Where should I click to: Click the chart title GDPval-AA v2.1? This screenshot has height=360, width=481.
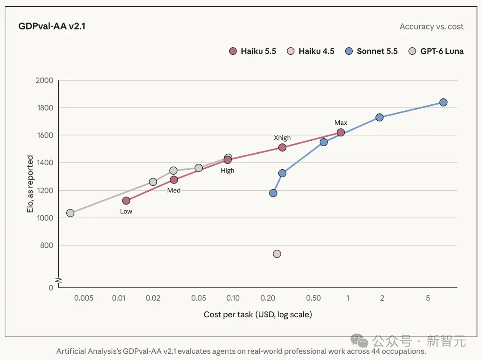click(x=52, y=26)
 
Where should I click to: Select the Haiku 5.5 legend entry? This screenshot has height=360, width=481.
click(x=253, y=51)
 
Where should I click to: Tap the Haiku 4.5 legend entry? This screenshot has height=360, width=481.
click(x=310, y=51)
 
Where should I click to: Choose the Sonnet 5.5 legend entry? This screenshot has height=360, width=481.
click(x=371, y=51)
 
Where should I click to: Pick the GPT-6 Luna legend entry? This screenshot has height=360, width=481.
click(x=436, y=51)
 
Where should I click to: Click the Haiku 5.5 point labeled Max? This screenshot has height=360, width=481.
click(x=341, y=133)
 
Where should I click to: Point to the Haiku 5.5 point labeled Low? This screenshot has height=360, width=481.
click(x=126, y=200)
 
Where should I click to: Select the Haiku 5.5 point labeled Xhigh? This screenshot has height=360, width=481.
click(x=282, y=147)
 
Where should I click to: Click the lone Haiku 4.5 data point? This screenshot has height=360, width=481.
click(x=277, y=254)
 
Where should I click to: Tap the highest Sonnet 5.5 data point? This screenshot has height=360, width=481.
click(x=443, y=102)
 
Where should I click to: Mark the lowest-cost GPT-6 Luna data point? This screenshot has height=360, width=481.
click(x=70, y=213)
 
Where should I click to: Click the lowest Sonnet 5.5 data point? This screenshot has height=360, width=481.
click(x=273, y=193)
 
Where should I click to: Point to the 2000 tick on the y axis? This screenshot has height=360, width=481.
click(x=45, y=80)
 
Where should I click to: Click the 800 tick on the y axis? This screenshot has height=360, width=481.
click(x=47, y=245)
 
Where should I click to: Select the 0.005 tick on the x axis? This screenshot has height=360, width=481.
click(x=84, y=298)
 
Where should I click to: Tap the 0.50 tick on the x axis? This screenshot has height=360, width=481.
click(x=314, y=298)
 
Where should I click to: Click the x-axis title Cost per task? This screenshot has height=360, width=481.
click(x=258, y=315)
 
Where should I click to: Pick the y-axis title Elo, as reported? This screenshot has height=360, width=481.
click(x=30, y=184)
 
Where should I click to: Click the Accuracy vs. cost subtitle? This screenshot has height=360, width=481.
click(x=432, y=27)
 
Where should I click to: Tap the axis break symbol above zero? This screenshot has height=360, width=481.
click(x=58, y=280)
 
